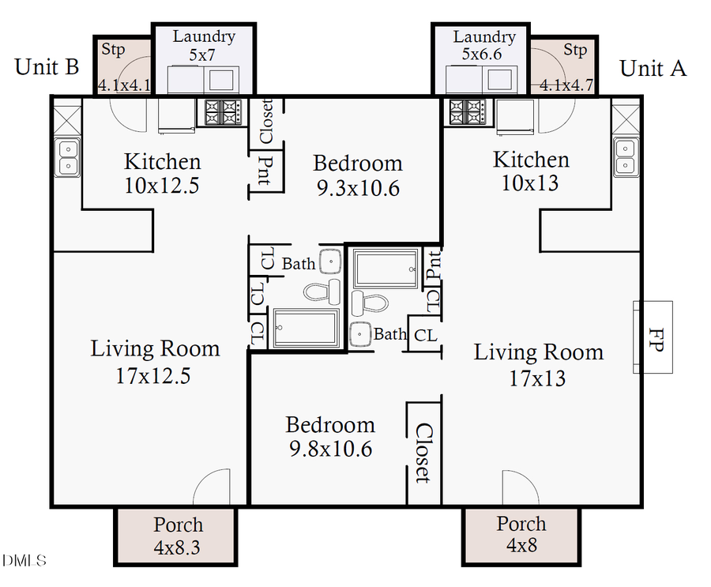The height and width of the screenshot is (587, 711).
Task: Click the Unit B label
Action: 47,67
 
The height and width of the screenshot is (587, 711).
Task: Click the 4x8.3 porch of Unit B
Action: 177,535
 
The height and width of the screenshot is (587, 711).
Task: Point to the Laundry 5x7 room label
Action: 204,46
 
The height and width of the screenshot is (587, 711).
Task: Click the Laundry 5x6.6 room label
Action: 483,47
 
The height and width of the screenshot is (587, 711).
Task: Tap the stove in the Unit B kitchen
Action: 222,111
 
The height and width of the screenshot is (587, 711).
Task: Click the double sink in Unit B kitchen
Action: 68,156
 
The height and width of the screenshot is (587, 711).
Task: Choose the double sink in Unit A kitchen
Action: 625,156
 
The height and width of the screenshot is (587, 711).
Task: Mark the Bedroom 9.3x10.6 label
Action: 358,175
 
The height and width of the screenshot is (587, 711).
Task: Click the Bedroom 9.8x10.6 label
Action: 330,437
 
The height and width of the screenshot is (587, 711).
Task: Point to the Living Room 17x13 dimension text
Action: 537,378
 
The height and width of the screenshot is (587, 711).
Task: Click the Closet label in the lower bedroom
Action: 423,453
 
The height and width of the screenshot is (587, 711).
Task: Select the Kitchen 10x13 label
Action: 531,171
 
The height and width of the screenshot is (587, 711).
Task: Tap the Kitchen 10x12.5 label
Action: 163,173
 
